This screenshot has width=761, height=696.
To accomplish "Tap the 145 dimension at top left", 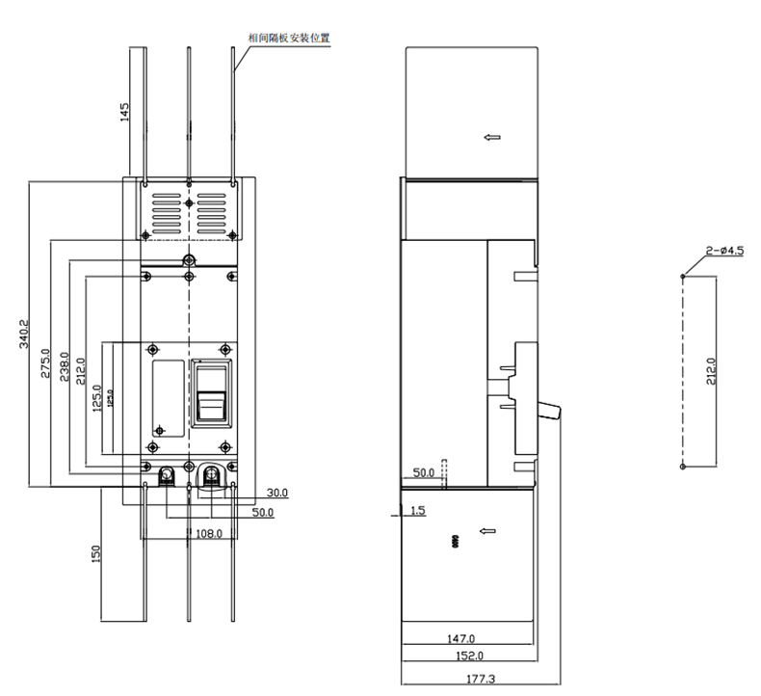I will point(124,112).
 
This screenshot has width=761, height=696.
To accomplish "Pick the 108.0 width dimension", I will point(209,532).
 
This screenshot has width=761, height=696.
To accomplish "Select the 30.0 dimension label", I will point(277,493).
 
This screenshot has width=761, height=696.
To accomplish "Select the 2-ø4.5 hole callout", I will point(724,251).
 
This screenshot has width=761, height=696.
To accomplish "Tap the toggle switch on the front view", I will point(211,402).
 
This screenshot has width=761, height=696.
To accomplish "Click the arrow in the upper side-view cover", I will point(492,138).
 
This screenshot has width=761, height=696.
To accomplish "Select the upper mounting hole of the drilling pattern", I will point(683,276).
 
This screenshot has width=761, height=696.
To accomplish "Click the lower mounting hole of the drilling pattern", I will point(683,467).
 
